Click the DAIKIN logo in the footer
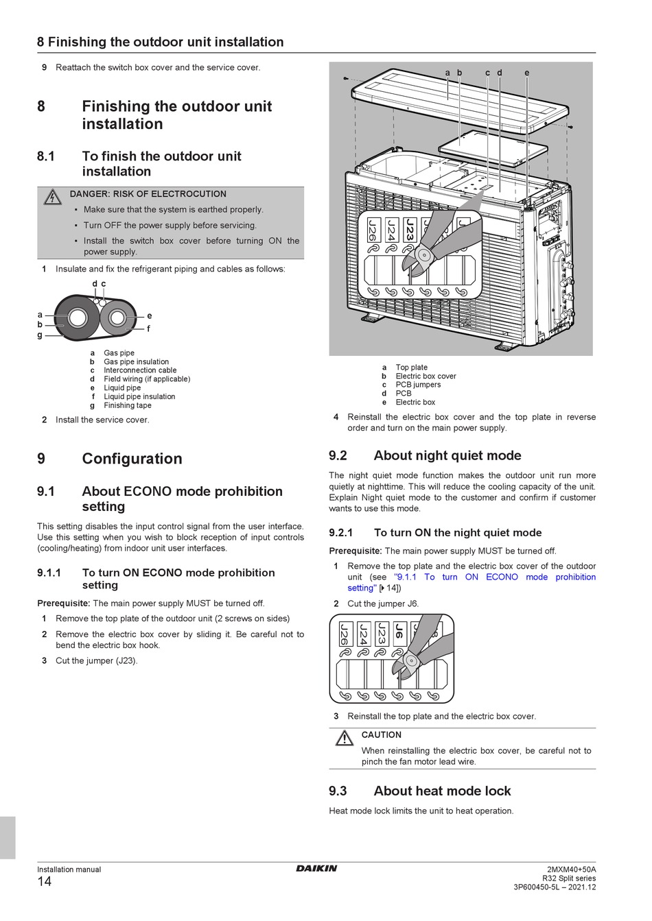(x=316, y=868)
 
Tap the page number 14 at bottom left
(x=44, y=882)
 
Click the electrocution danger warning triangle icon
(x=52, y=198)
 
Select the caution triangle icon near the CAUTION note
(x=344, y=739)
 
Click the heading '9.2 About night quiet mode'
(x=425, y=455)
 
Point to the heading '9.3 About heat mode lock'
(x=419, y=791)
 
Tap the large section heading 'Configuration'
(x=132, y=459)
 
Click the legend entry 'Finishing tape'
(x=127, y=405)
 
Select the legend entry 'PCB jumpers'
(x=417, y=385)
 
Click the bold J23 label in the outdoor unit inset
(x=410, y=230)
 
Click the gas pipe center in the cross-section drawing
(x=77, y=318)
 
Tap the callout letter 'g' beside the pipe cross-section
(x=40, y=335)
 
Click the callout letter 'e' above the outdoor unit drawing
(x=526, y=73)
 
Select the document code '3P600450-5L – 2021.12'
(x=555, y=887)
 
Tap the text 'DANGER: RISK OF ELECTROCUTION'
(x=148, y=194)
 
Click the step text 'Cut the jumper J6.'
(x=382, y=604)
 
